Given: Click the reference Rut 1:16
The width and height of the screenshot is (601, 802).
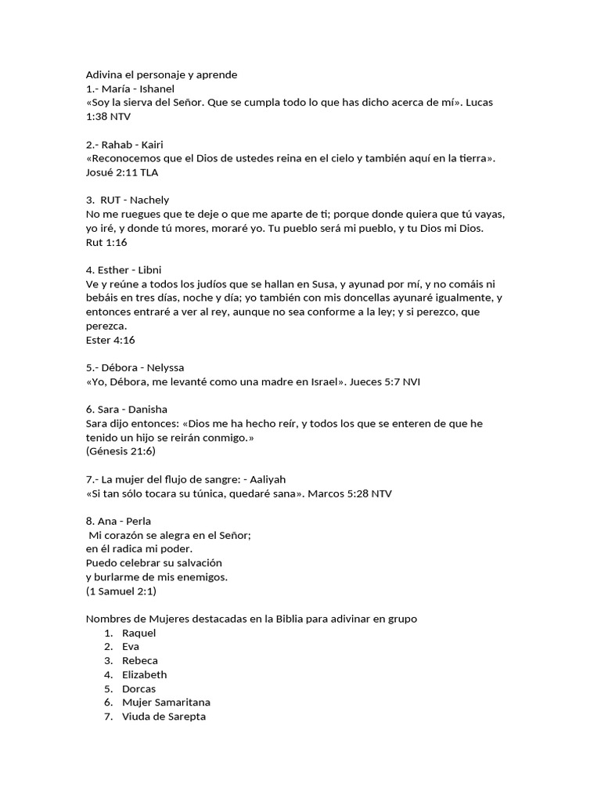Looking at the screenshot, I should click(x=106, y=242).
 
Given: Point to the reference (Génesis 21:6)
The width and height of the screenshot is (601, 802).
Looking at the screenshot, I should click(x=121, y=451).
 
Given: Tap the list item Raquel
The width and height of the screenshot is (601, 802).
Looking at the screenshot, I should click(x=139, y=632).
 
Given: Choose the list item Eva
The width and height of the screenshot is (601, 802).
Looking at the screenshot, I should click(x=130, y=646).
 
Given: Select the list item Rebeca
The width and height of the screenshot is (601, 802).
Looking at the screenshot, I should click(x=140, y=660).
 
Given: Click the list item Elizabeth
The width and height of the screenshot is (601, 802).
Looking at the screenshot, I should click(x=145, y=674).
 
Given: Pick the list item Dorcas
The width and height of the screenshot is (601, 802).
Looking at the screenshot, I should click(x=139, y=688).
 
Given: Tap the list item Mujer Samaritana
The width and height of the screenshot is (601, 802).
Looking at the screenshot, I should click(x=166, y=703).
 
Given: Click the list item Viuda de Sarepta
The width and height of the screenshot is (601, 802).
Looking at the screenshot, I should click(x=164, y=717).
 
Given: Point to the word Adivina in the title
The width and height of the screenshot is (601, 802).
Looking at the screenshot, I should click(x=105, y=74).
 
